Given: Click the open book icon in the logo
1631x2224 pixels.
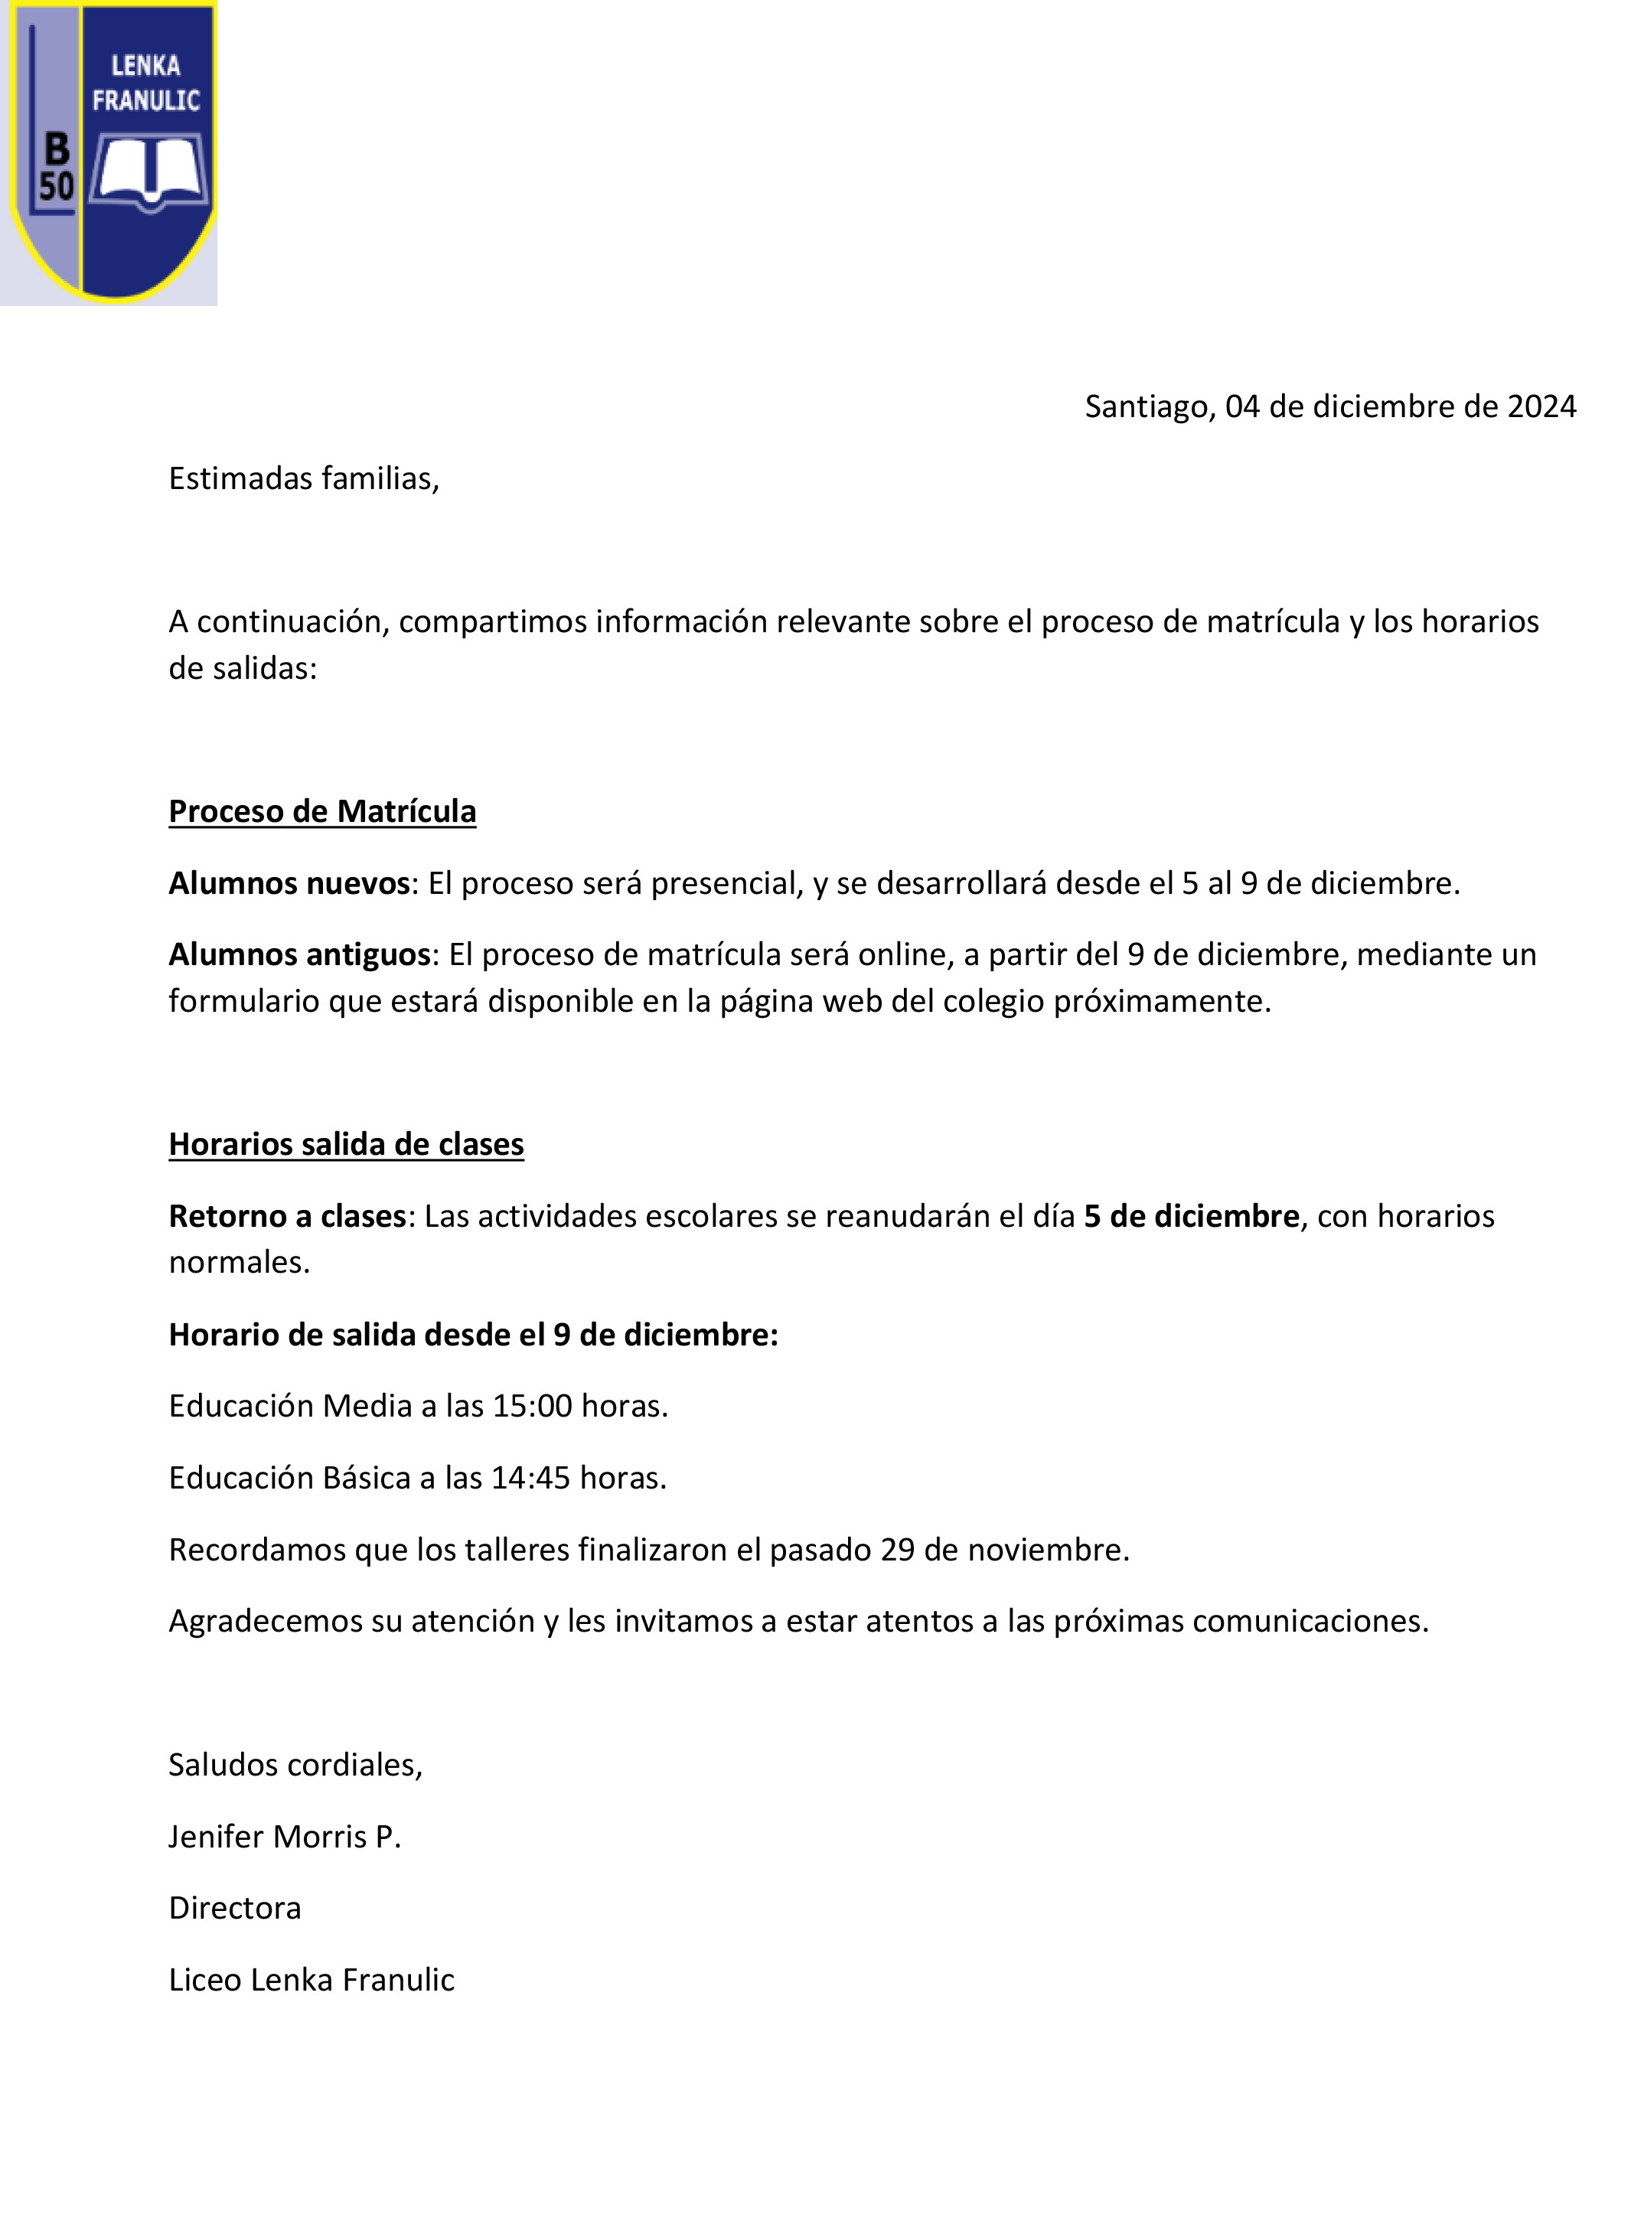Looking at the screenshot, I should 150,173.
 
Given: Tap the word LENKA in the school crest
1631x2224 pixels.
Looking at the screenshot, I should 145,66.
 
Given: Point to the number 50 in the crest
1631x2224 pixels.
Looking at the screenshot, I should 57,187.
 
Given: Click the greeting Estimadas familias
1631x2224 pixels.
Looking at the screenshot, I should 303,479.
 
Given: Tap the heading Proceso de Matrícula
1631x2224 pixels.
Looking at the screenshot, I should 322,811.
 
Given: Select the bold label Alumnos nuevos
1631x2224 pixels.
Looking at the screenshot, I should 289,883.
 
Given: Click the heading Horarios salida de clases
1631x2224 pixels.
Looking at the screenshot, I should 345,1144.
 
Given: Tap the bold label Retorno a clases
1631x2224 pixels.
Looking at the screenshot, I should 287,1216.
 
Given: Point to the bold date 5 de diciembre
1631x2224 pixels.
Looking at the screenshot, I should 1191,1216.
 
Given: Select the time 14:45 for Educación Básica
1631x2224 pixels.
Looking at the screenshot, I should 530,1478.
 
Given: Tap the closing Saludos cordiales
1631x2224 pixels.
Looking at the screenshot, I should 295,1764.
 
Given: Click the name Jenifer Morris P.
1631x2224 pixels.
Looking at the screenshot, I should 285,1836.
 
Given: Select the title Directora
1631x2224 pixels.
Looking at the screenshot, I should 235,1908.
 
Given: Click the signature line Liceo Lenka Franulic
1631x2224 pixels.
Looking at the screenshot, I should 311,1980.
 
